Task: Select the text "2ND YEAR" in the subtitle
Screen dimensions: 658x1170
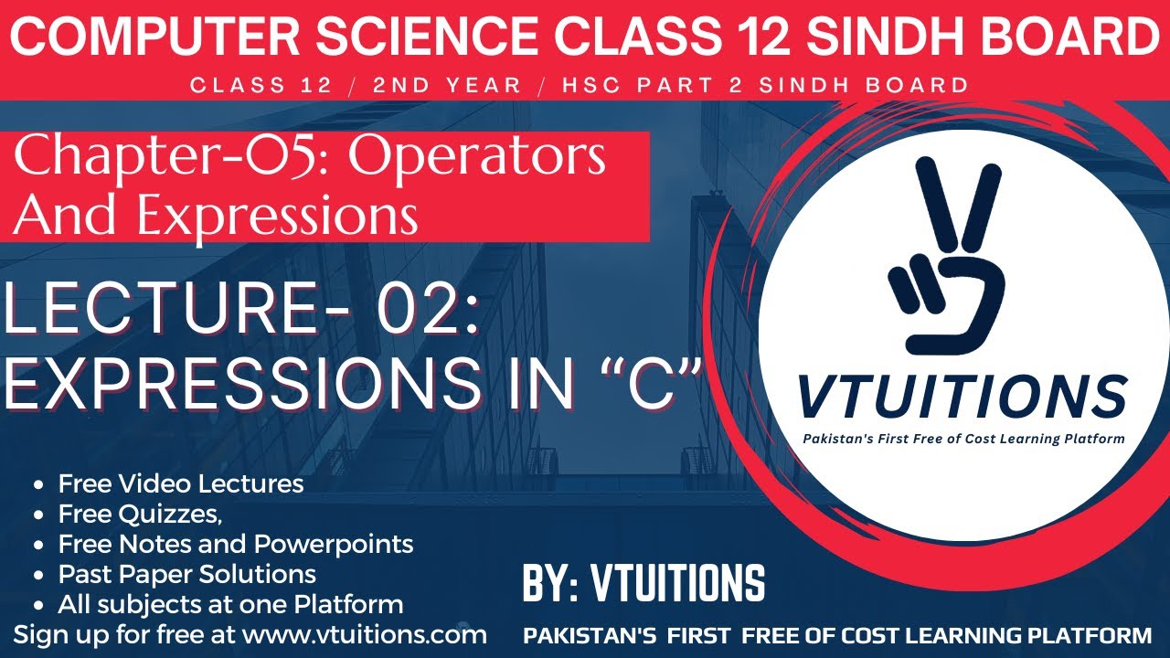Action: click(x=447, y=85)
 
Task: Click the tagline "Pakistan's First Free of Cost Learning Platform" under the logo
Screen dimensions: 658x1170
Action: click(x=963, y=439)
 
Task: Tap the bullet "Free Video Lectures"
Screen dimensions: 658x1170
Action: click(x=181, y=483)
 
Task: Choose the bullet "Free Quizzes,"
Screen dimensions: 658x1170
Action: click(x=140, y=514)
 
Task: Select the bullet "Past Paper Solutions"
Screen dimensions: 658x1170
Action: click(x=187, y=574)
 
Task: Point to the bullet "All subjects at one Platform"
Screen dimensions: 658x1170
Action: click(x=230, y=604)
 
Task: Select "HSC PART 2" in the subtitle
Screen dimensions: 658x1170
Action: click(x=639, y=85)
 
